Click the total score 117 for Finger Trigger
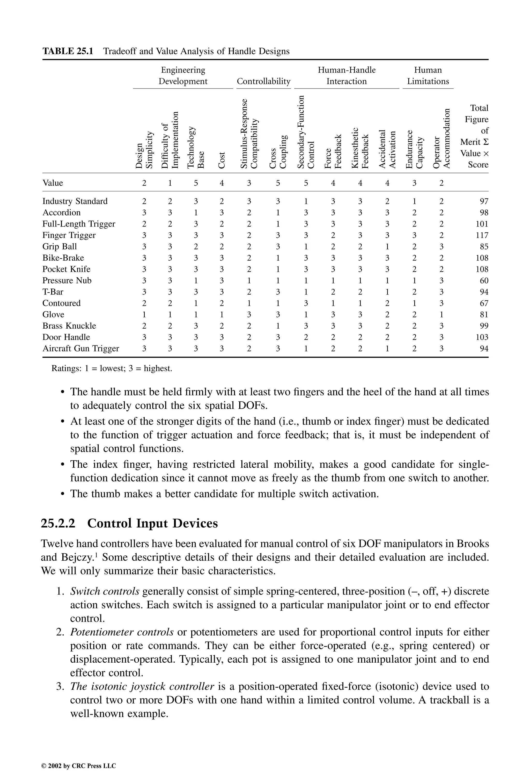coord(482,235)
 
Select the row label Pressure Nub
coord(67,281)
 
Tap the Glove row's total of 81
coord(484,315)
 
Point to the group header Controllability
coord(263,81)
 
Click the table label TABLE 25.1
coord(68,51)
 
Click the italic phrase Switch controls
coord(105,591)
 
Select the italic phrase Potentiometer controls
coord(122,632)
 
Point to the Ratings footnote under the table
coord(112,368)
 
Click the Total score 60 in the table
coord(484,281)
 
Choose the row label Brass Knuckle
coord(69,326)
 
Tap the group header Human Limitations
coord(428,76)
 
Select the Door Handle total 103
coord(482,337)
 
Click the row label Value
coord(53,183)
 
